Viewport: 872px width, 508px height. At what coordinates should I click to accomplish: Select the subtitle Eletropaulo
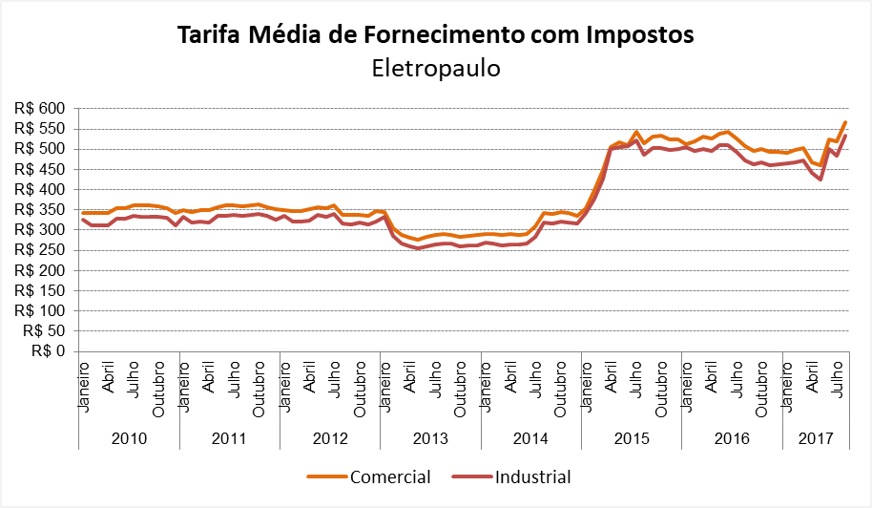tap(435, 69)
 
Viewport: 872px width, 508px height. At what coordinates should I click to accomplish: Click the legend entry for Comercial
tap(390, 476)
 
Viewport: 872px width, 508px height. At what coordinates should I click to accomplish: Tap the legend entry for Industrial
tap(532, 476)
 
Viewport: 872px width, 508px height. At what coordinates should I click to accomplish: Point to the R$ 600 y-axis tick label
tap(39, 109)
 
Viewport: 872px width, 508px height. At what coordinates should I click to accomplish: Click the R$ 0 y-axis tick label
tap(47, 351)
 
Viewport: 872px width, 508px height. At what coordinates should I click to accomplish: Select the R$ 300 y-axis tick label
tap(39, 230)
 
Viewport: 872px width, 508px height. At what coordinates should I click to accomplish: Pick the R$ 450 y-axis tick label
tap(39, 170)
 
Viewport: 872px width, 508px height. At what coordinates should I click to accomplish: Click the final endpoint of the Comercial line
tap(845, 122)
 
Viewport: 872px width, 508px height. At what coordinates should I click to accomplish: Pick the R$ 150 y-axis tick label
tap(39, 291)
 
